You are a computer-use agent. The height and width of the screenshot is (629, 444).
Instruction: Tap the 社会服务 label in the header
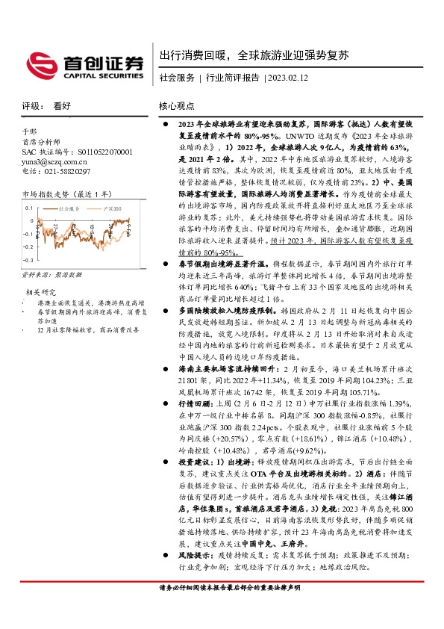pos(177,78)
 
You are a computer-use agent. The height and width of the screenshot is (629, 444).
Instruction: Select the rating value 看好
pos(62,107)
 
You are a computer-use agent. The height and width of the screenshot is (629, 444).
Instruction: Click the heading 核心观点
pos(177,107)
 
